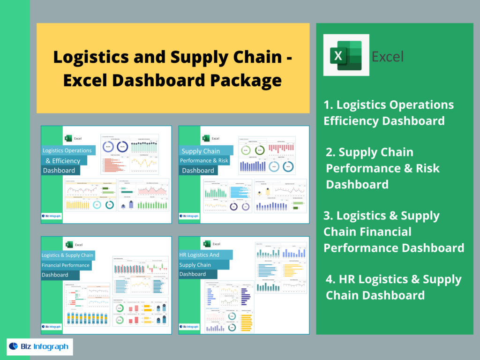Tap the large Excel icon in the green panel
(346, 55)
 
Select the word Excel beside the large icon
(387, 57)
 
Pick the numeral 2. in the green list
(331, 152)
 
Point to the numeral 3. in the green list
(329, 216)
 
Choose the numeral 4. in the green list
(331, 280)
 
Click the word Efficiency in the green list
(351, 121)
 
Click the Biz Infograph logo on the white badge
(39, 347)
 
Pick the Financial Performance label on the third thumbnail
(66, 265)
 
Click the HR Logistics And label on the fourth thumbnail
(199, 255)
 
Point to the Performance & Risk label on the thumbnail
(204, 161)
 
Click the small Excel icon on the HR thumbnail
(206, 244)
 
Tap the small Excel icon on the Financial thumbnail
(69, 244)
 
